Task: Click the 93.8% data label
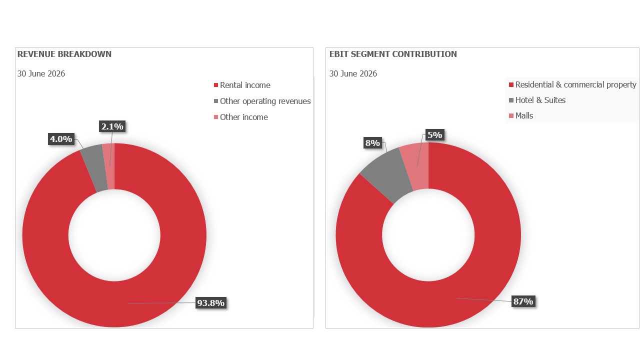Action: point(211,303)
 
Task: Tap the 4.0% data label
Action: point(61,139)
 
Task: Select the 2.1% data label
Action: point(112,126)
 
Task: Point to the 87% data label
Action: point(523,301)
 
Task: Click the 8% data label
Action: point(372,143)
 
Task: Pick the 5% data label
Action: point(435,135)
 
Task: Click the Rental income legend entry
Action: point(242,85)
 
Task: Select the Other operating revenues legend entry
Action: point(262,101)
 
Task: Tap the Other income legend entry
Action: point(241,117)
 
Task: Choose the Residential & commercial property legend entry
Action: point(572,85)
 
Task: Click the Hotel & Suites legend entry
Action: point(537,100)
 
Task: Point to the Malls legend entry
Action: point(521,115)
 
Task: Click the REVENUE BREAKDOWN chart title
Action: point(64,54)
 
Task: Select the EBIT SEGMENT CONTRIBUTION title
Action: point(393,54)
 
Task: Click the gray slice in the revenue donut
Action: point(94,167)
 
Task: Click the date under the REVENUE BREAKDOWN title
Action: point(41,73)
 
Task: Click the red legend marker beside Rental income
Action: point(216,85)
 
